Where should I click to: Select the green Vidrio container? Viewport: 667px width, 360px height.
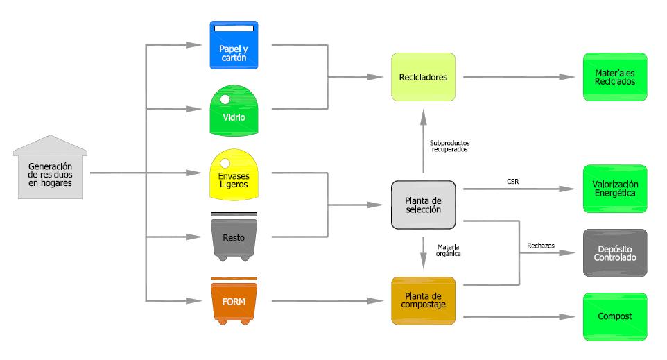234,111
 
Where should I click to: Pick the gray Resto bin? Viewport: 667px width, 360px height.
234,237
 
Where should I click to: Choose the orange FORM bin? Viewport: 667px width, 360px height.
234,302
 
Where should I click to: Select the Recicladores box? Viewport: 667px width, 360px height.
423,76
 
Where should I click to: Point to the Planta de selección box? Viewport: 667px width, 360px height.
423,205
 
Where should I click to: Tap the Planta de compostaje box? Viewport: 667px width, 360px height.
423,301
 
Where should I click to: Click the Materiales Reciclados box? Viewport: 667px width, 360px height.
615,76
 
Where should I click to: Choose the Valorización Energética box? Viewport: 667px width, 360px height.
615,189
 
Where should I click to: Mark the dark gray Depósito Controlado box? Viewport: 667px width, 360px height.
615,252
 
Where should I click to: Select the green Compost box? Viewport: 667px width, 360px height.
615,316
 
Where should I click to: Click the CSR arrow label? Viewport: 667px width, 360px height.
513,182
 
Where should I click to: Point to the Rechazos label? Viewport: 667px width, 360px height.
541,246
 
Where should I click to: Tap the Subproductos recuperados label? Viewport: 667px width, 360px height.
449,146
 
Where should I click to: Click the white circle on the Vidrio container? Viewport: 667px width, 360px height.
225,100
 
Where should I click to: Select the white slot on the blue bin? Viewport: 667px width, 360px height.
234,28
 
